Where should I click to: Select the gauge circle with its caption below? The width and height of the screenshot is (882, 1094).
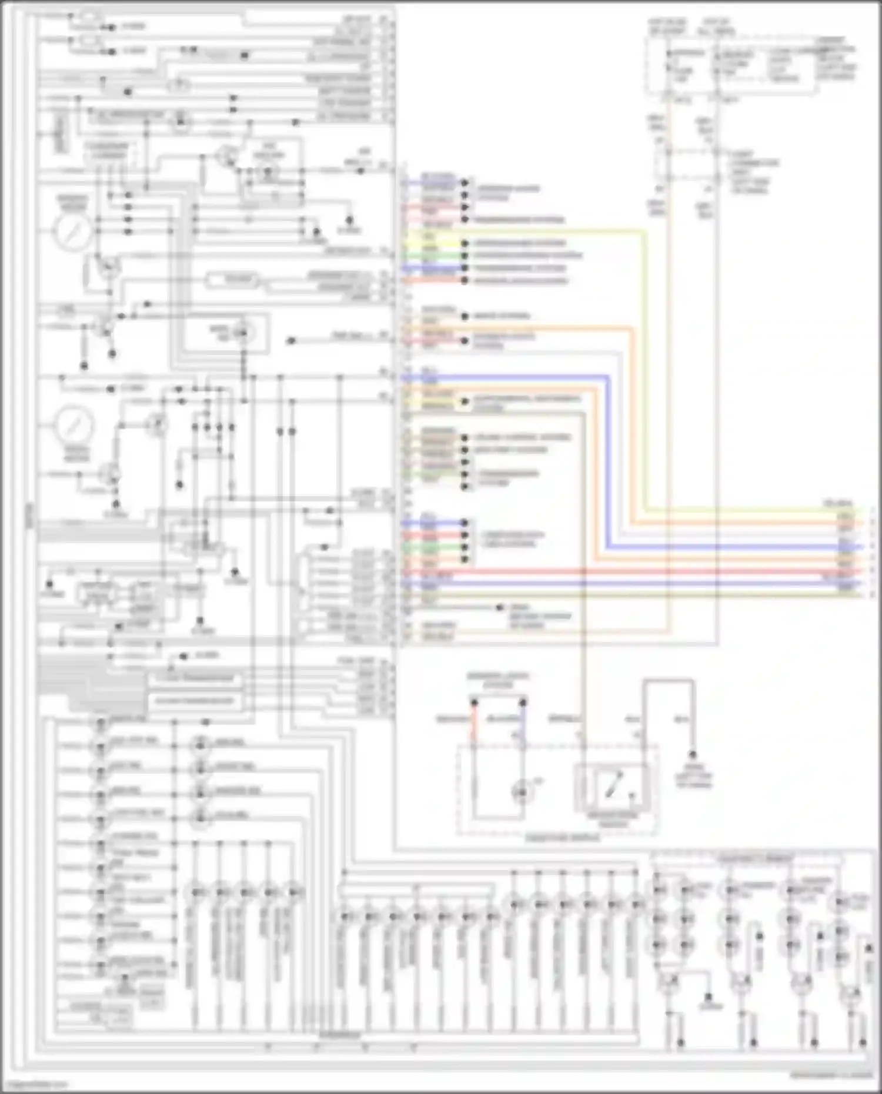click(75, 425)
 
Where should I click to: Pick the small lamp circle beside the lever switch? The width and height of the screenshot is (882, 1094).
click(521, 792)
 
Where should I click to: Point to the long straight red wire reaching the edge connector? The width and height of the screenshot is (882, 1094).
click(647, 571)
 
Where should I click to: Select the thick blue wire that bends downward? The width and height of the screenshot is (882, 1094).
click(607, 459)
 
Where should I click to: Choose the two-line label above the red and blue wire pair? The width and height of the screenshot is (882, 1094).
click(497, 681)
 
